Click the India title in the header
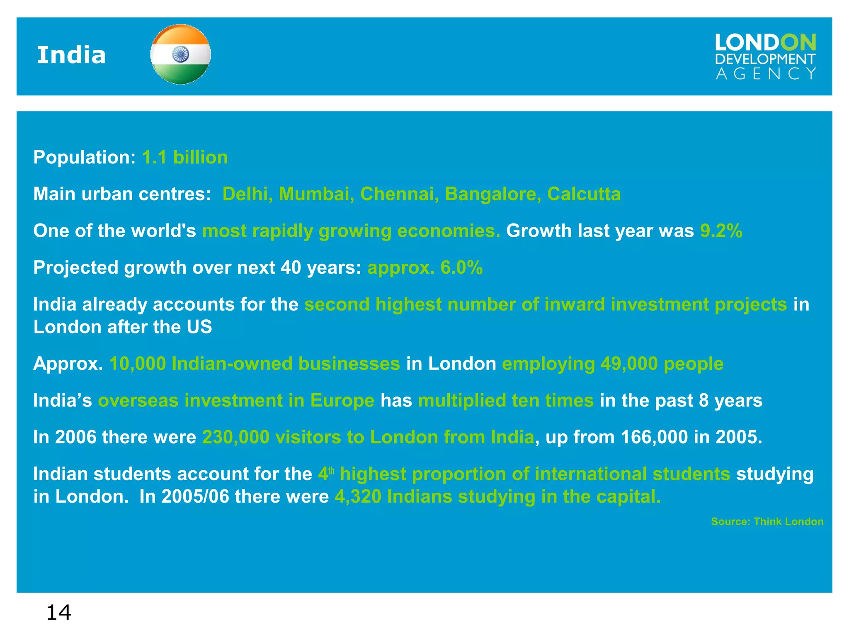(x=71, y=55)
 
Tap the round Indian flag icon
(x=180, y=54)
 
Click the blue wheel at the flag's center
(x=180, y=54)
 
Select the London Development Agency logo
(x=765, y=57)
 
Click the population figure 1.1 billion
(x=185, y=158)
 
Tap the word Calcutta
(x=584, y=194)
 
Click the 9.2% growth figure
(x=721, y=231)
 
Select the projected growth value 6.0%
(x=461, y=267)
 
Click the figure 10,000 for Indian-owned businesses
(x=137, y=364)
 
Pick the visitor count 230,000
(x=235, y=437)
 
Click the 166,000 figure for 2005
(x=654, y=437)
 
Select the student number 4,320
(x=358, y=497)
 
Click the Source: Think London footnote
(x=767, y=522)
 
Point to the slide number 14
(x=58, y=613)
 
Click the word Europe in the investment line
(x=342, y=401)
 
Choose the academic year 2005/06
(x=195, y=497)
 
